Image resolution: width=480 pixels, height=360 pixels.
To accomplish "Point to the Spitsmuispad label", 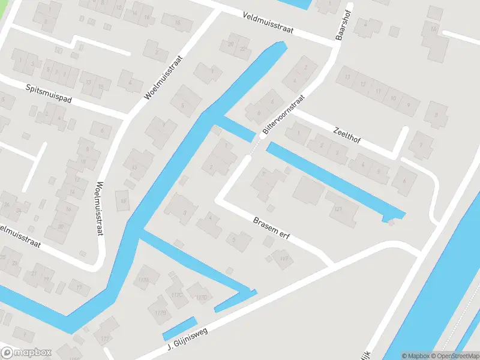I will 49,94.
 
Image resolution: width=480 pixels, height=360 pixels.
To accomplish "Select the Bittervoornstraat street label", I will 283,114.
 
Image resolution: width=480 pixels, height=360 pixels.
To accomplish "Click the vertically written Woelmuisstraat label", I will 100,208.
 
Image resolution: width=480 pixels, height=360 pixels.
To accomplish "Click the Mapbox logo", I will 26,353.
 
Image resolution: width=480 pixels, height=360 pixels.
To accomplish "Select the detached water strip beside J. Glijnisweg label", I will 179,328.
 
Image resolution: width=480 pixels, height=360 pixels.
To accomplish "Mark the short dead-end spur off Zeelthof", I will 400,142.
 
